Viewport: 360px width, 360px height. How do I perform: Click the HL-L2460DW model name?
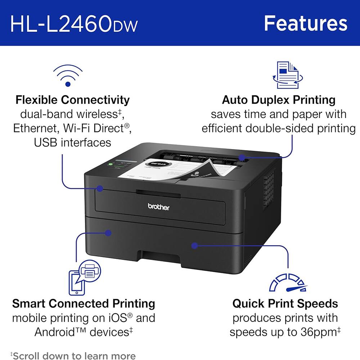click(74, 23)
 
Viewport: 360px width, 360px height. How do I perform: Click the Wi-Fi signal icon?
click(68, 76)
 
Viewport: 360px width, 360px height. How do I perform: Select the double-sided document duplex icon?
click(288, 75)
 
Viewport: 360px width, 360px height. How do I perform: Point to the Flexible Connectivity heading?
click(72, 99)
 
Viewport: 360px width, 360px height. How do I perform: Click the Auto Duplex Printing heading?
click(279, 99)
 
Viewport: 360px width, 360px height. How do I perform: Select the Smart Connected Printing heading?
click(84, 303)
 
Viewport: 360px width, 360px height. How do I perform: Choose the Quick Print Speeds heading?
click(285, 303)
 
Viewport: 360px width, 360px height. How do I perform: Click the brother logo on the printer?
click(158, 207)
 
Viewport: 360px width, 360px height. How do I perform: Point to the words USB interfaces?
click(72, 142)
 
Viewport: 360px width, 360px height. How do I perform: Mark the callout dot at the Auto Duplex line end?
click(242, 157)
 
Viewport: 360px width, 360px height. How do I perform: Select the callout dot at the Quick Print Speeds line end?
click(194, 246)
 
